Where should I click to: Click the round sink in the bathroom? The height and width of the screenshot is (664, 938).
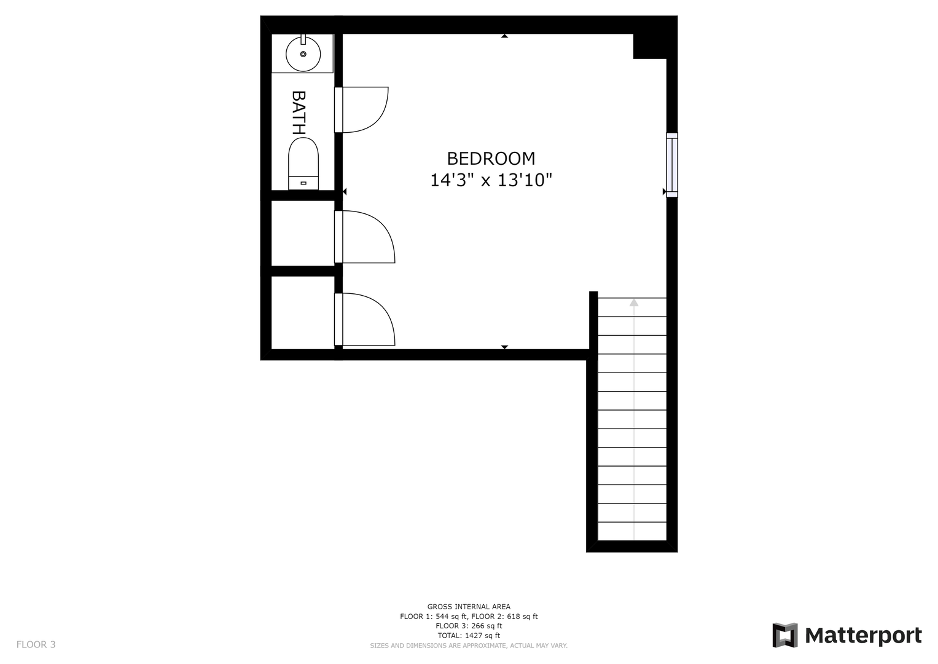(x=303, y=54)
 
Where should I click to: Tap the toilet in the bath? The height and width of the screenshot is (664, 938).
(x=303, y=164)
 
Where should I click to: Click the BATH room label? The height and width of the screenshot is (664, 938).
(x=299, y=113)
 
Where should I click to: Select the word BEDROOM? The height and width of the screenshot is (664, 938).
(x=491, y=159)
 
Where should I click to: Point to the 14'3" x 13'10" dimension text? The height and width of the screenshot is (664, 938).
(x=491, y=180)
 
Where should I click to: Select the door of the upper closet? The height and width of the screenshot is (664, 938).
(x=365, y=237)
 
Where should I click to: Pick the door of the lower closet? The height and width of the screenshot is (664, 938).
(x=365, y=320)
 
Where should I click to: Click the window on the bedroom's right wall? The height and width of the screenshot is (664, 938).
(x=671, y=165)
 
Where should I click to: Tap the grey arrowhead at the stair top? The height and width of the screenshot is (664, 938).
(x=634, y=302)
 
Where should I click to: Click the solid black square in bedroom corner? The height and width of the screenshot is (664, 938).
(x=649, y=46)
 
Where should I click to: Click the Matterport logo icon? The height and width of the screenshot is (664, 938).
(x=784, y=635)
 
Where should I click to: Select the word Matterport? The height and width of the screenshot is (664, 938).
(x=864, y=636)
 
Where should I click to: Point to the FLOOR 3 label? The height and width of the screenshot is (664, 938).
(x=36, y=644)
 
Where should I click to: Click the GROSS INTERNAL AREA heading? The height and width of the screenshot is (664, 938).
(x=469, y=607)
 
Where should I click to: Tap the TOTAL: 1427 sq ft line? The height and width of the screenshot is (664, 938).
(x=469, y=636)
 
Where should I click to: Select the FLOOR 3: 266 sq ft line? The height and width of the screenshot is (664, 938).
(x=469, y=626)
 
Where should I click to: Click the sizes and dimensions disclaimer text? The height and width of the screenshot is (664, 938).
(x=469, y=646)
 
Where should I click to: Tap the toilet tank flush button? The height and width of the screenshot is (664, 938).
(x=303, y=183)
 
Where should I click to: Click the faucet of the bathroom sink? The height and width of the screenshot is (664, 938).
(x=303, y=39)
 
